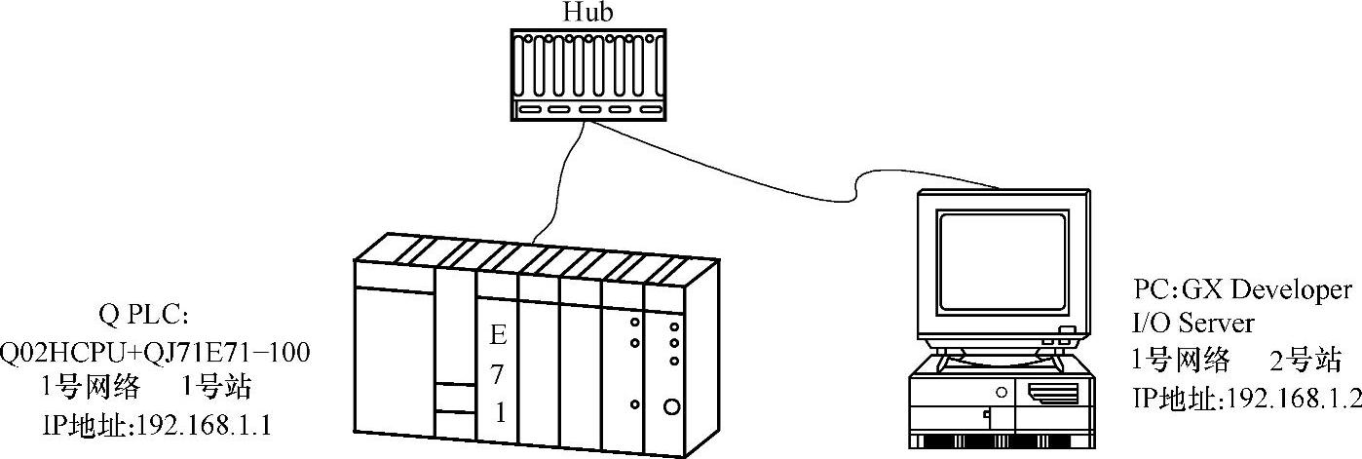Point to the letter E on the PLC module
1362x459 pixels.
(498, 336)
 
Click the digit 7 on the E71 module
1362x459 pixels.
(498, 374)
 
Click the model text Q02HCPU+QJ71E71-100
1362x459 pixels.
(155, 351)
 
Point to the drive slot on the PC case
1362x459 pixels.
(1052, 395)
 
